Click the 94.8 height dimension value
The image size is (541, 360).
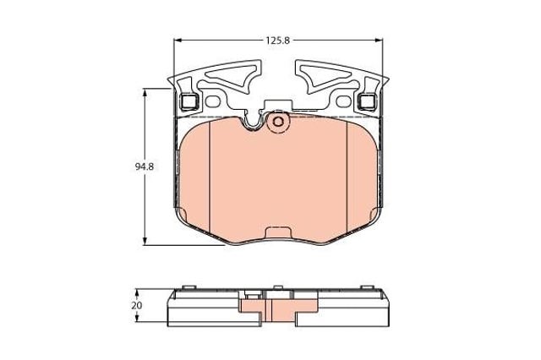click(145, 166)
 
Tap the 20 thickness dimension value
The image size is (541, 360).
click(137, 306)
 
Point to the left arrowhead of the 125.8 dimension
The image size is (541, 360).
click(178, 41)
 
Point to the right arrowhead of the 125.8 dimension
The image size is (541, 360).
click(379, 41)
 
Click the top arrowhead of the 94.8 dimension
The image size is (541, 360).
click(145, 92)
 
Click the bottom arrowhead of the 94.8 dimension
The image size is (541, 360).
click(145, 241)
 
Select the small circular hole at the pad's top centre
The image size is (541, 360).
click(278, 122)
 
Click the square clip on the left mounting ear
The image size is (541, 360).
click(189, 101)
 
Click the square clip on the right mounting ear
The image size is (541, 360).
click(367, 101)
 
